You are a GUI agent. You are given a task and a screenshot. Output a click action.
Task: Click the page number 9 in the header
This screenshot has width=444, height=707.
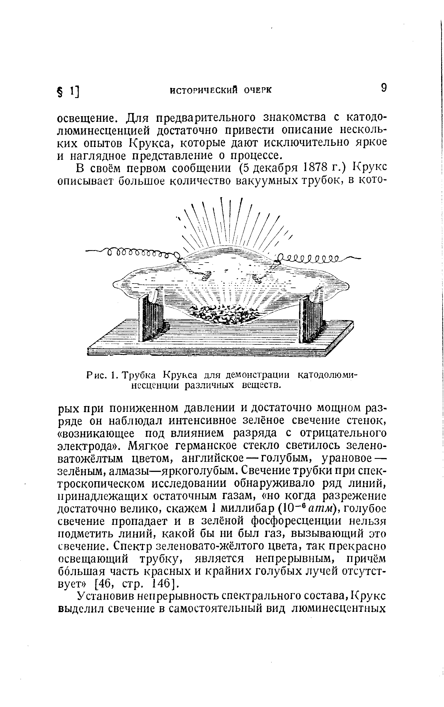click(x=383, y=88)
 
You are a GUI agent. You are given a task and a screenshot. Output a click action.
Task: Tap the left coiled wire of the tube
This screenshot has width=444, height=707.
click(x=138, y=252)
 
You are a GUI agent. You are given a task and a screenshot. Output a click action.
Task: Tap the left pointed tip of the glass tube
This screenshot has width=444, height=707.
click(x=115, y=284)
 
